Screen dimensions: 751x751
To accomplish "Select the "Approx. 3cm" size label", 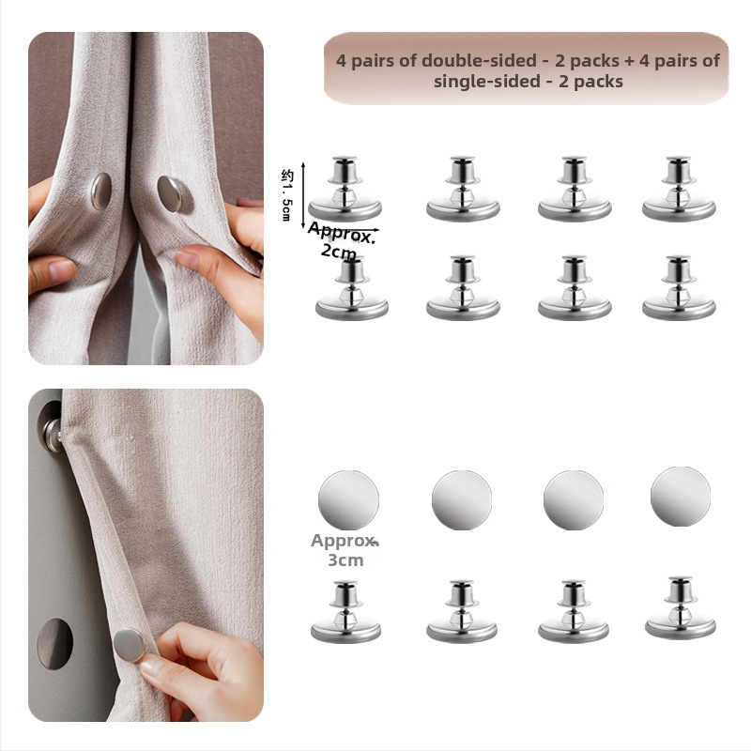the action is pos(345,550).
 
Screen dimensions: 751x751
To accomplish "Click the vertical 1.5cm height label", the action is pos(286,195).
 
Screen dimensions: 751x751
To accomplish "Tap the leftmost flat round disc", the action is pos(348,500).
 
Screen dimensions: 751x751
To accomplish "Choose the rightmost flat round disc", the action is pos(680,497).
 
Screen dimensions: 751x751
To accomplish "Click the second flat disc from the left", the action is pos(462,500).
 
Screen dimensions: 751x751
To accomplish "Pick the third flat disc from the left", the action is pos(574,500).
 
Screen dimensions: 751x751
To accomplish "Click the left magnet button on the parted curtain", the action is pos(101,192).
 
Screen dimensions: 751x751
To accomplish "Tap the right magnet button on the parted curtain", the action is pos(170,193).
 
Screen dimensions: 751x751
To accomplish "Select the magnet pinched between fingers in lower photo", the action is pos(129,645).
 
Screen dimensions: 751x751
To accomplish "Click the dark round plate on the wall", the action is pos(55,643).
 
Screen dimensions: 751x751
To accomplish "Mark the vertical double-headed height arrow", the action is pos(303,196).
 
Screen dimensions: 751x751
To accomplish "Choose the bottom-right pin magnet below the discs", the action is pos(680,607).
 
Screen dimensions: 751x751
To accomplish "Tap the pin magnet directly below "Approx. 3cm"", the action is pos(345,612).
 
